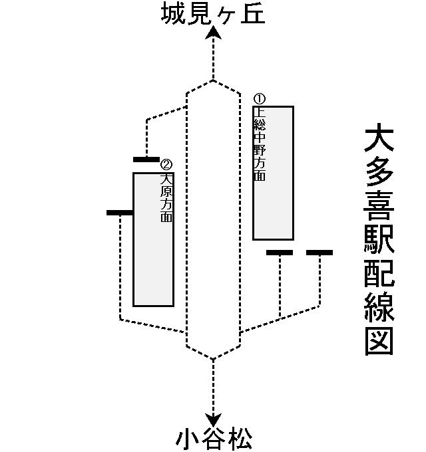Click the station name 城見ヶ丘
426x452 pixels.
(213, 14)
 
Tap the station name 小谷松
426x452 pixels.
(214, 439)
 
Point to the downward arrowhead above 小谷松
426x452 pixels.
(213, 420)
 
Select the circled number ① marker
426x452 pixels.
(260, 99)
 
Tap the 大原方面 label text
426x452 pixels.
(166, 197)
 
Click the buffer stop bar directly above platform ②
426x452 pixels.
(146, 160)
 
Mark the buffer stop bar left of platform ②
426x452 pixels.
(120, 213)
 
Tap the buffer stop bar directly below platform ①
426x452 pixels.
(280, 253)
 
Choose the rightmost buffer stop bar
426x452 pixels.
(319, 253)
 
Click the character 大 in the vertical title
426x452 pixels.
(379, 140)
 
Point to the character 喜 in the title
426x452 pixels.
(379, 209)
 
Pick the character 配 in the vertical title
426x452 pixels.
(379, 275)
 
